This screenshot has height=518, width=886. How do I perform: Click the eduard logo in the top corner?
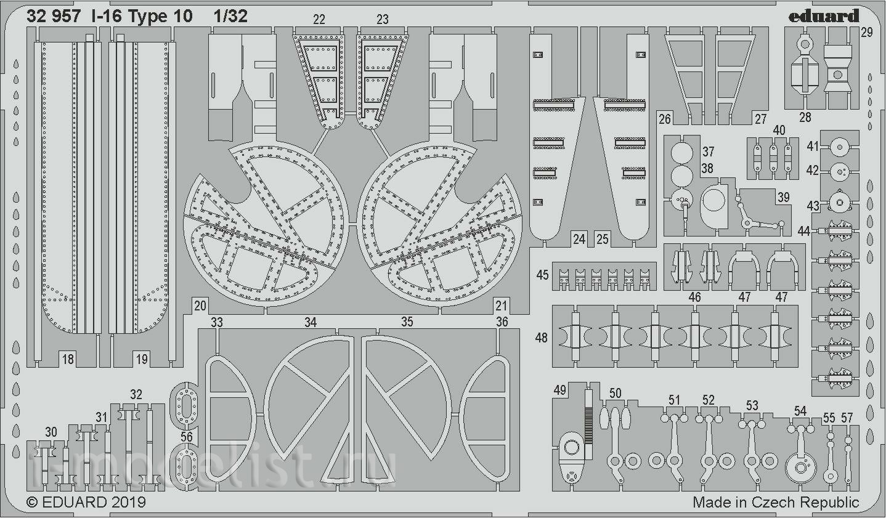(824, 16)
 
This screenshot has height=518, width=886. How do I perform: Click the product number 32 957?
(54, 16)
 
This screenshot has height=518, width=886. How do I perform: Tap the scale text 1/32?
(230, 16)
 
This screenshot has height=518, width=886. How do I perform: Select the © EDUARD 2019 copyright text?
(86, 502)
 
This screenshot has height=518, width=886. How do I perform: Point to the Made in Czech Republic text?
(776, 502)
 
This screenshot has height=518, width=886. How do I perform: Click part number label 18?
(68, 359)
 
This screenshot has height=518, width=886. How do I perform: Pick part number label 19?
(141, 359)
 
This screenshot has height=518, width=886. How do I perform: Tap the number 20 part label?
(200, 306)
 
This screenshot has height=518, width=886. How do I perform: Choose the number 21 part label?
(501, 306)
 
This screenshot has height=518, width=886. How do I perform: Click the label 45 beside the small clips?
(543, 275)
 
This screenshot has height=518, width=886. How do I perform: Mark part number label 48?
(541, 338)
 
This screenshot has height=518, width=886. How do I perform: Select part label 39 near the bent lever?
(784, 197)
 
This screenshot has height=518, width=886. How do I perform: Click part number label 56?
(186, 437)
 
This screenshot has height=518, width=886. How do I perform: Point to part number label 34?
(311, 322)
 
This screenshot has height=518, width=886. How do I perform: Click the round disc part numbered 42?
(839, 172)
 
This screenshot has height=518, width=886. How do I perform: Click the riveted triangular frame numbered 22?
(319, 81)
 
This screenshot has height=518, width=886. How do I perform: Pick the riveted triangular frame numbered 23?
(382, 81)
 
